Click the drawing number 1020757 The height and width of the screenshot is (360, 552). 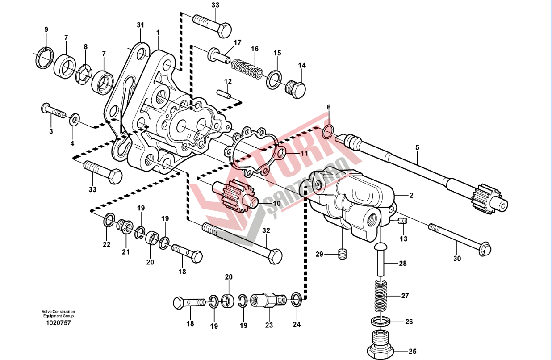point(59,323)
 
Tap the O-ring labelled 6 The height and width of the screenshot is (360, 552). point(327,131)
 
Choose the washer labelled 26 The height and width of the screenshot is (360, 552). point(380,322)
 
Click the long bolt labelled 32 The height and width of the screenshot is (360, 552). point(242,243)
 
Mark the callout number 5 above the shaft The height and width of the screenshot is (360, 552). point(417,147)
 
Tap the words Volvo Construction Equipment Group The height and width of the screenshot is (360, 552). point(59,314)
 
